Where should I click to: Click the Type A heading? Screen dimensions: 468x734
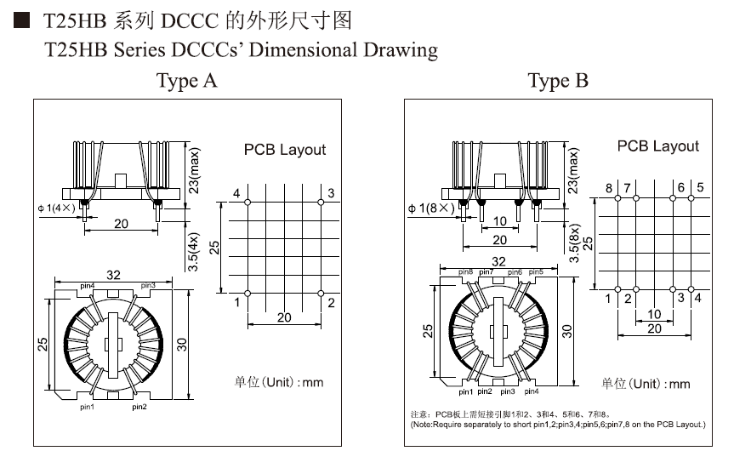click(186, 81)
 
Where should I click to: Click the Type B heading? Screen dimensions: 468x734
click(558, 81)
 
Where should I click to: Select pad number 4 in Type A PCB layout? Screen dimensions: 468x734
click(247, 203)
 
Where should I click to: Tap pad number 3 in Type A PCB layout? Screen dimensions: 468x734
click(321, 203)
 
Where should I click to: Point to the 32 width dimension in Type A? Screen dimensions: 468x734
click(113, 275)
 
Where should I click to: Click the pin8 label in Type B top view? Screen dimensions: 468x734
click(465, 272)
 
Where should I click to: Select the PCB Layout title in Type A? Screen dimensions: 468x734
click(285, 150)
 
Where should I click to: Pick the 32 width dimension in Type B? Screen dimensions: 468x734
click(498, 261)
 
